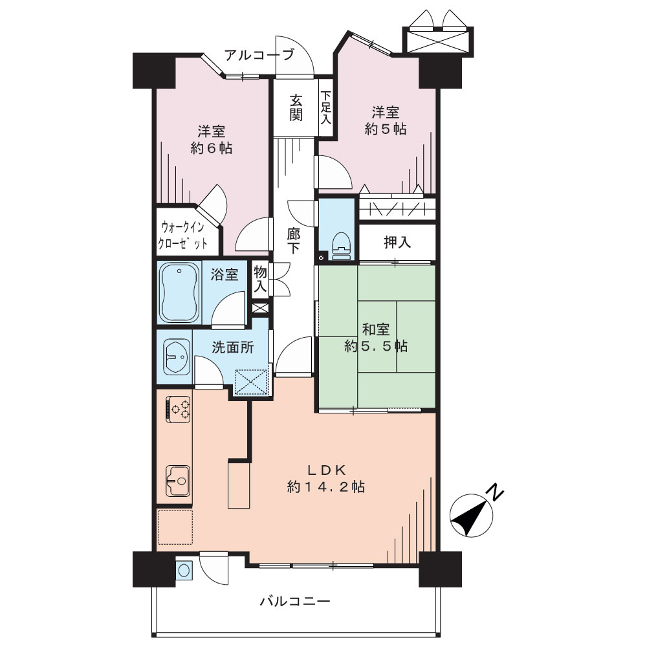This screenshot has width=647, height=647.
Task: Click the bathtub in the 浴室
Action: click(x=179, y=292)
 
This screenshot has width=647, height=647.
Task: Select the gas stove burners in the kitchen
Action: click(x=179, y=410)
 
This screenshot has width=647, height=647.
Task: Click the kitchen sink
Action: click(x=179, y=481)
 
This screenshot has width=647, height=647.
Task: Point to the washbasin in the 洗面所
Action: click(x=177, y=357)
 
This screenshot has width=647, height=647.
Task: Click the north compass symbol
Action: click(x=471, y=516)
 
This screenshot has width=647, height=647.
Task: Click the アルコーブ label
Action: click(x=259, y=54)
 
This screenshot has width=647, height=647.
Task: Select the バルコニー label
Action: click(x=295, y=601)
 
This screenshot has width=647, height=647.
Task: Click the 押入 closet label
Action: click(x=397, y=242)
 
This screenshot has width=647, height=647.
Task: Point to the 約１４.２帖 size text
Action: click(x=325, y=487)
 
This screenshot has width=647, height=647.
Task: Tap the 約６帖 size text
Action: click(x=212, y=148)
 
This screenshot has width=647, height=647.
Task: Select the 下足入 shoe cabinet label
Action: click(x=325, y=107)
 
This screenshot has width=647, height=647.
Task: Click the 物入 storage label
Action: click(x=260, y=279)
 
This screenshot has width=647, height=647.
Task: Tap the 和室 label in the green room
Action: click(x=376, y=329)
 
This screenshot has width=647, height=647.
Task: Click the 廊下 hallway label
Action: click(x=294, y=241)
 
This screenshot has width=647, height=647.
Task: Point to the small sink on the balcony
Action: click(x=183, y=570)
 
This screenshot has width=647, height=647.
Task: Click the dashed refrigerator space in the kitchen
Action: click(x=175, y=527)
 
